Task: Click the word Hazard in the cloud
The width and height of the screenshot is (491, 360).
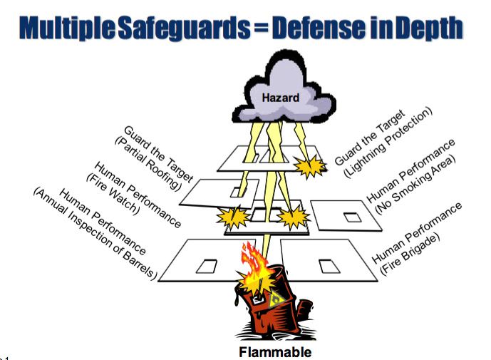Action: [271, 98]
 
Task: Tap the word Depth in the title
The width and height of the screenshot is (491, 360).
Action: [430, 27]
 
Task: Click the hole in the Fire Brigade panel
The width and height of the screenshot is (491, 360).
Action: [329, 265]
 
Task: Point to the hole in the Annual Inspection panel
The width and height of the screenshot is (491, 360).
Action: [207, 266]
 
